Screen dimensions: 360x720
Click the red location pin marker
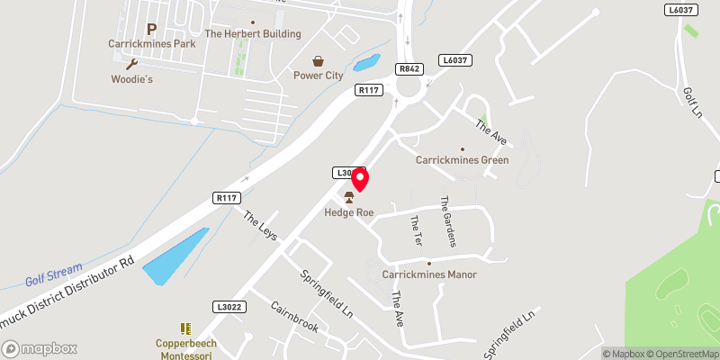[x=359, y=178]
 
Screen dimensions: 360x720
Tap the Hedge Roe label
[x=349, y=212]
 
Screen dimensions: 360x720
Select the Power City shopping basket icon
[x=318, y=61]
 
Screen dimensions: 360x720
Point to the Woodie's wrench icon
[x=132, y=64]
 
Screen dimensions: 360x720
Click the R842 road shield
[x=409, y=67]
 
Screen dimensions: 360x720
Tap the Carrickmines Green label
[x=462, y=160]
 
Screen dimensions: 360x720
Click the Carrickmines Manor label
[x=428, y=274]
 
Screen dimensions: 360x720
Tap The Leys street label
[x=261, y=225]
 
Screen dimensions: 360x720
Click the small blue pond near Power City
[x=367, y=63]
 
